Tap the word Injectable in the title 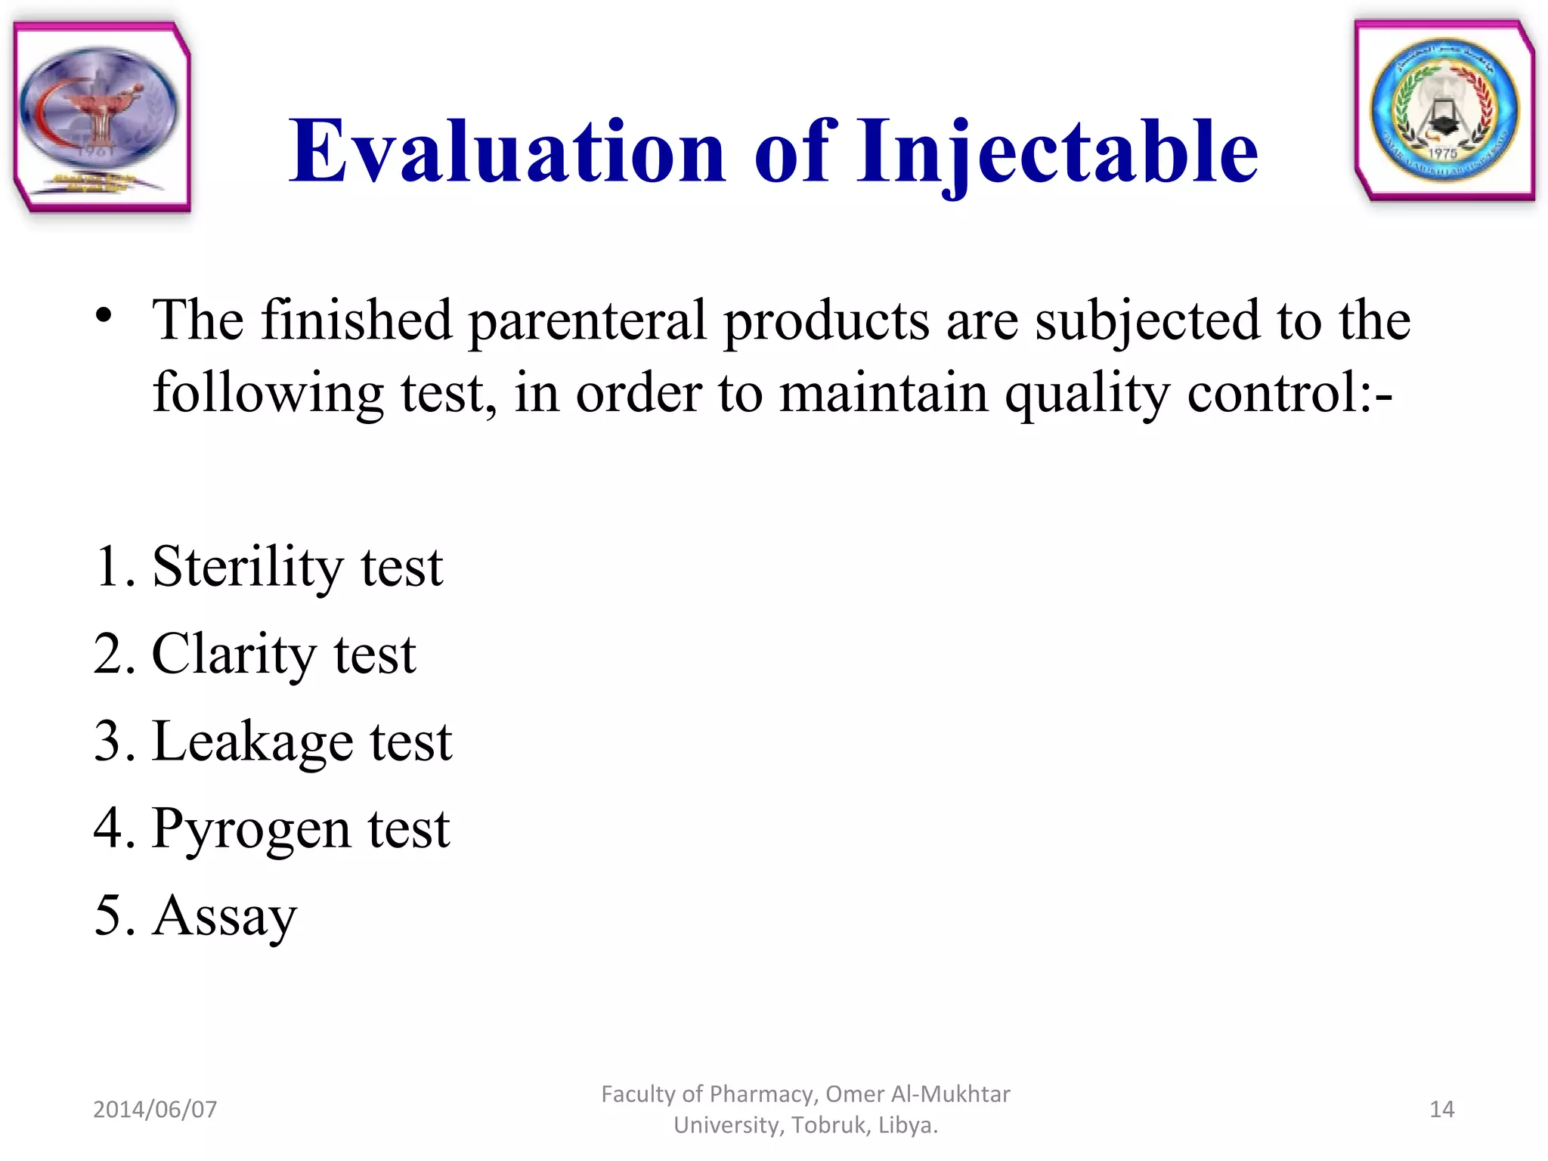point(1057,152)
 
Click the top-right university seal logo point(1444,110)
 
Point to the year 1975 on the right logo point(1442,153)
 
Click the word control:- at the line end point(1289,393)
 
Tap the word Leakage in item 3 point(252,741)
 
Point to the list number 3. point(109,741)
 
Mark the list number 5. point(109,916)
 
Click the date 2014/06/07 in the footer point(155,1109)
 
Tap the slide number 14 point(1441,1109)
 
